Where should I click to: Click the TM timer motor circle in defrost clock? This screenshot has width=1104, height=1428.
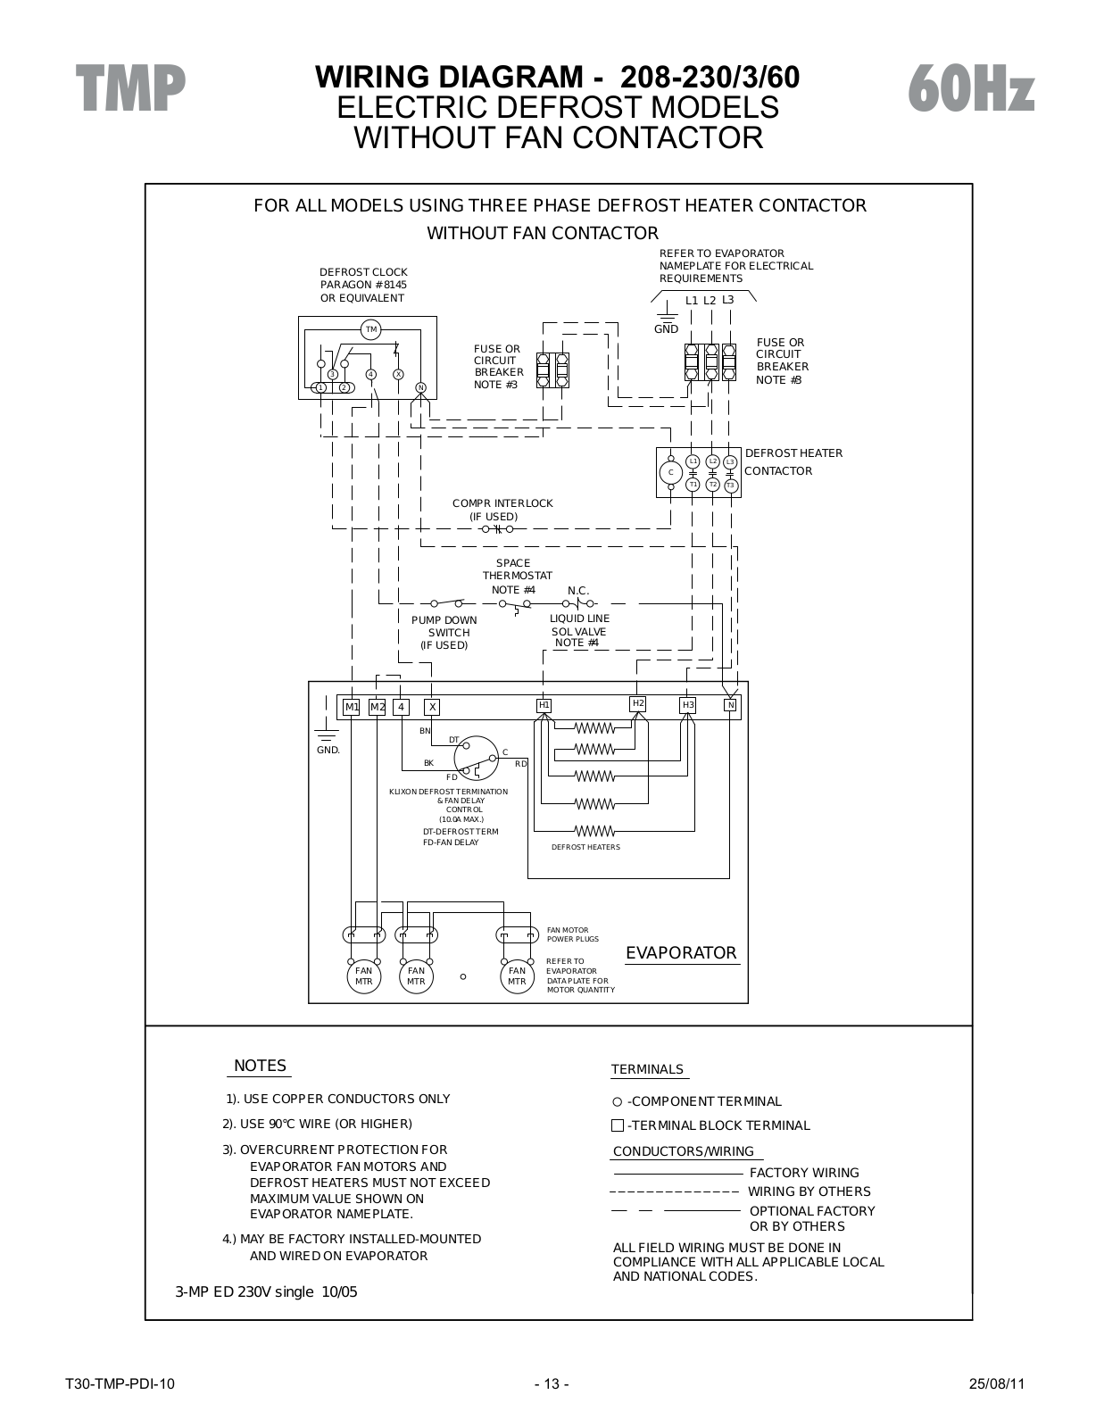click(x=371, y=329)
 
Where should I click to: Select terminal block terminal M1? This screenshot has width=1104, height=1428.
click(x=352, y=707)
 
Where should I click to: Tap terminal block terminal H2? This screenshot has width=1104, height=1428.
click(x=638, y=703)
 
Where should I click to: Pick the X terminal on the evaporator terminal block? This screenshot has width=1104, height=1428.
click(x=432, y=707)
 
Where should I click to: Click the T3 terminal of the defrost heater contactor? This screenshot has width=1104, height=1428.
click(x=730, y=486)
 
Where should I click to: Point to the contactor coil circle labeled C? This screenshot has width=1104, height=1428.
click(x=671, y=472)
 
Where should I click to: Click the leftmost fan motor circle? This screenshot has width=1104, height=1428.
click(x=363, y=976)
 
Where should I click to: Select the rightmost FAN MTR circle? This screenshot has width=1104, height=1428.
click(x=517, y=976)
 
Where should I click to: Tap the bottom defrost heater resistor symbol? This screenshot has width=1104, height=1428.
click(x=594, y=831)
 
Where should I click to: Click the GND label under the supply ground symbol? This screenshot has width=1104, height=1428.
click(x=666, y=328)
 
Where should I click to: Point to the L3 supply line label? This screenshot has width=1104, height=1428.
click(x=728, y=300)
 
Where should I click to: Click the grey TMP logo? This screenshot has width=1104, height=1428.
click(x=130, y=88)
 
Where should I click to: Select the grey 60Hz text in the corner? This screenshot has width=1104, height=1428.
click(x=971, y=88)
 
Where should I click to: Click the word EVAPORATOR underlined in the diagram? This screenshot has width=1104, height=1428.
click(x=681, y=953)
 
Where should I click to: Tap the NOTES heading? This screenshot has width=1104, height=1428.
click(x=261, y=1066)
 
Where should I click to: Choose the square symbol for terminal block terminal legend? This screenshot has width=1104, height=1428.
click(x=617, y=1125)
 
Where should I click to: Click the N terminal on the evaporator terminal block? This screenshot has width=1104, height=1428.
click(x=731, y=705)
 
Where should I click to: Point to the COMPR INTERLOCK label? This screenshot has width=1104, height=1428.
click(x=502, y=503)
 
